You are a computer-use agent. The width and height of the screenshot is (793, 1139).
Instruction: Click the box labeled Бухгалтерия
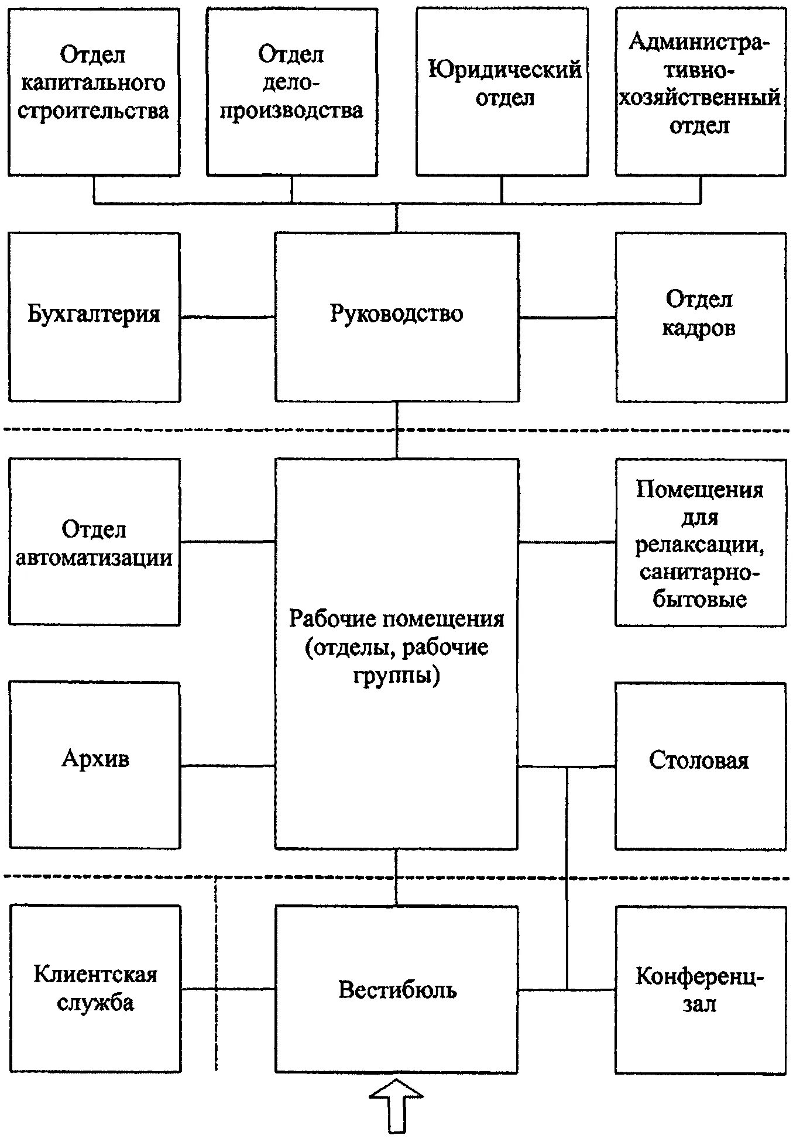click(94, 316)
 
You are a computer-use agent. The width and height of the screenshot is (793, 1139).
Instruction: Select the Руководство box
click(397, 316)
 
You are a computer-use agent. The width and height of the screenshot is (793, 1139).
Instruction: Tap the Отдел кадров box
click(700, 316)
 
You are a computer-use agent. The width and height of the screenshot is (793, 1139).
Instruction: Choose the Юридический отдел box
click(502, 91)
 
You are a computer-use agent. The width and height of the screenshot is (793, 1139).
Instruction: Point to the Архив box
click(95, 765)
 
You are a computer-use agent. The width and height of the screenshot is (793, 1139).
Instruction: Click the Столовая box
click(700, 765)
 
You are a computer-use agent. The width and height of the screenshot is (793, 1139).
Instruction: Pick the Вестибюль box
click(397, 989)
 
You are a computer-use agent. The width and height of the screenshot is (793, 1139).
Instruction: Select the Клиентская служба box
click(95, 989)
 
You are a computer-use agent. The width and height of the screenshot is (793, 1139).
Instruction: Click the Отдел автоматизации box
click(94, 542)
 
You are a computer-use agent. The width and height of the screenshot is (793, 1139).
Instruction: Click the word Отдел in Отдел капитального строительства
click(93, 56)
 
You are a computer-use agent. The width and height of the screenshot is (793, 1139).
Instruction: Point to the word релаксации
click(700, 545)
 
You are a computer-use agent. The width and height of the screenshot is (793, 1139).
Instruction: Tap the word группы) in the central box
click(396, 676)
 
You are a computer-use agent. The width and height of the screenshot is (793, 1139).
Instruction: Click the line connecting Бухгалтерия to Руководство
click(228, 318)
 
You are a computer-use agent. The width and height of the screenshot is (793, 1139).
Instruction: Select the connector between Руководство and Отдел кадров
click(567, 318)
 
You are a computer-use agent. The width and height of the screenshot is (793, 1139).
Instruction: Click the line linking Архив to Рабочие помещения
click(228, 765)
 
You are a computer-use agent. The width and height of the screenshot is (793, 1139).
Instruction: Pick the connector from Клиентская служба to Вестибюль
click(228, 989)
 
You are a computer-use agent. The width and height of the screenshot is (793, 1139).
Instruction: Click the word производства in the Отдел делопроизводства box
click(291, 111)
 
